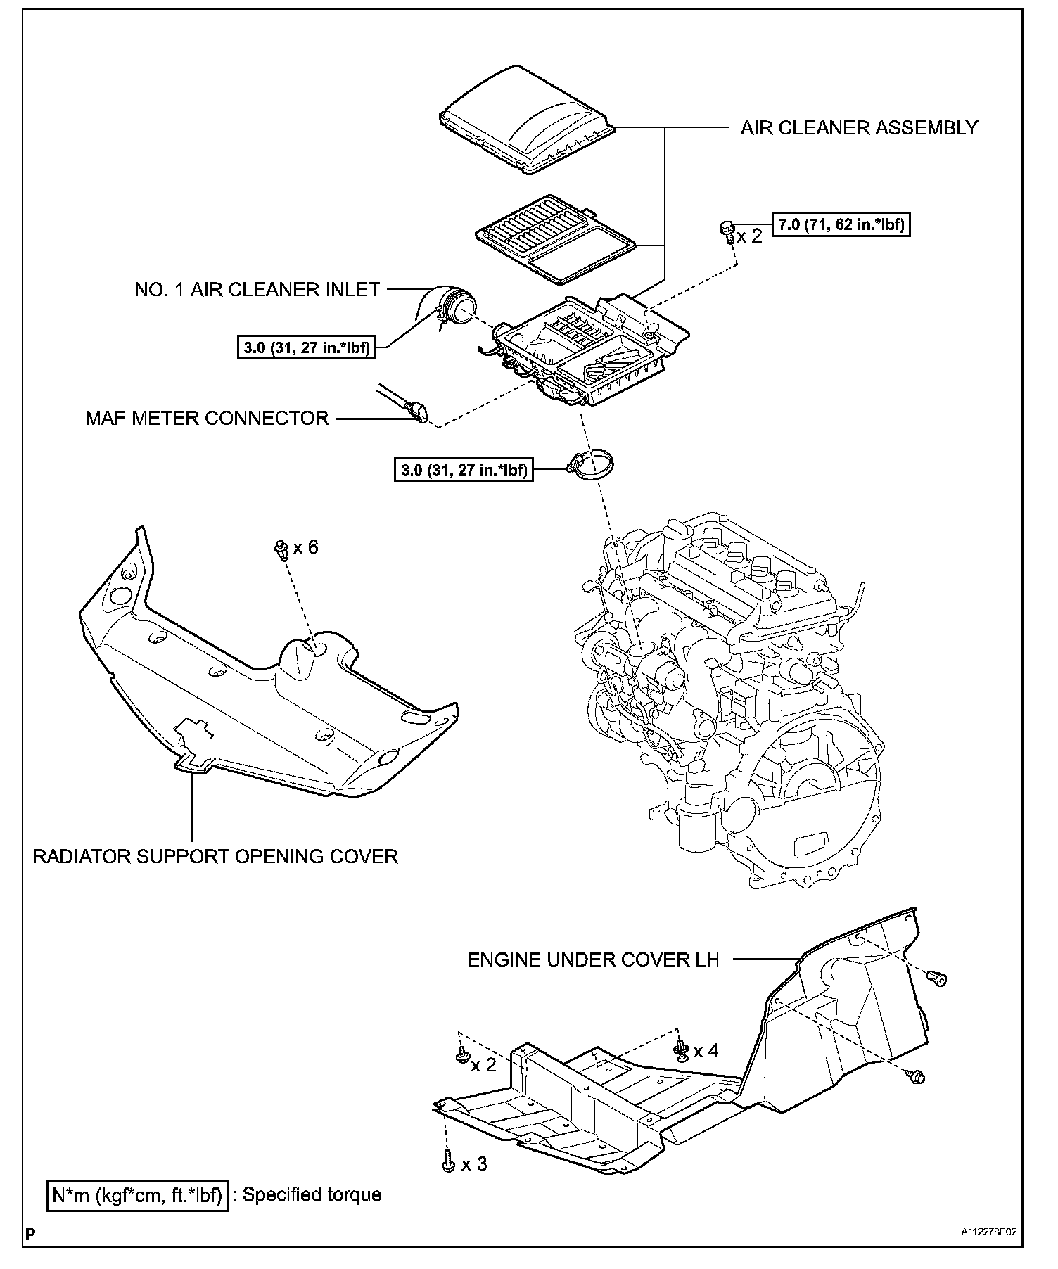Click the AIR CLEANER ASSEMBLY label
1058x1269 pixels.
click(859, 127)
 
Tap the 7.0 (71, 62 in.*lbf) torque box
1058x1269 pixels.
click(841, 225)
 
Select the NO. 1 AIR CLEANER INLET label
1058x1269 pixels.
click(257, 289)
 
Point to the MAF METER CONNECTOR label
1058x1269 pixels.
click(207, 418)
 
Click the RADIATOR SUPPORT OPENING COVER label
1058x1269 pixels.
click(215, 856)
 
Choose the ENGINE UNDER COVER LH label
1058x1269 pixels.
click(593, 959)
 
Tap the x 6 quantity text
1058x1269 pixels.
click(305, 547)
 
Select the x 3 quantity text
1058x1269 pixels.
click(473, 1164)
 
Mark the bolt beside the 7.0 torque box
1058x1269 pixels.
click(726, 231)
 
